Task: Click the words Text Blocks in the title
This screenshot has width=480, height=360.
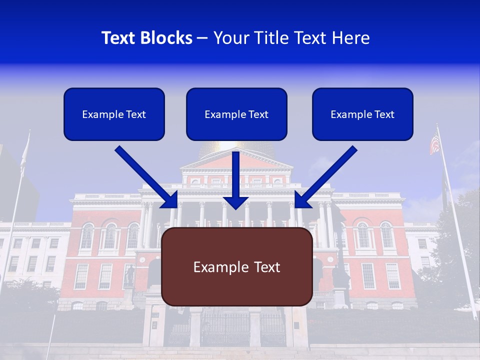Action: [146, 38]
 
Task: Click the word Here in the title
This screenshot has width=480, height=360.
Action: [349, 38]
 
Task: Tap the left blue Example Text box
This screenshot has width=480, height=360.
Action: [114, 114]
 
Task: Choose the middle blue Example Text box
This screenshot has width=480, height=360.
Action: [236, 114]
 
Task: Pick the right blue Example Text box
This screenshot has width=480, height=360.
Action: [362, 114]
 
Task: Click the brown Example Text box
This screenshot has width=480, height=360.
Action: [236, 266]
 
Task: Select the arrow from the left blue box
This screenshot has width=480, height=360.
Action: [145, 176]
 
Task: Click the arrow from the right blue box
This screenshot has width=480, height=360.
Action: [327, 176]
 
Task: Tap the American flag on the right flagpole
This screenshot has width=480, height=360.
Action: [434, 143]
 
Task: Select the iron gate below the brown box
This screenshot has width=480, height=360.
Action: [230, 327]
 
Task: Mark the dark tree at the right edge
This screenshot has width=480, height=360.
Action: [457, 240]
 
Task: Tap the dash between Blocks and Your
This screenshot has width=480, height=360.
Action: [202, 38]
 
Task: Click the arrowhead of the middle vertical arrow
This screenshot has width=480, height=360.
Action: [236, 202]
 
